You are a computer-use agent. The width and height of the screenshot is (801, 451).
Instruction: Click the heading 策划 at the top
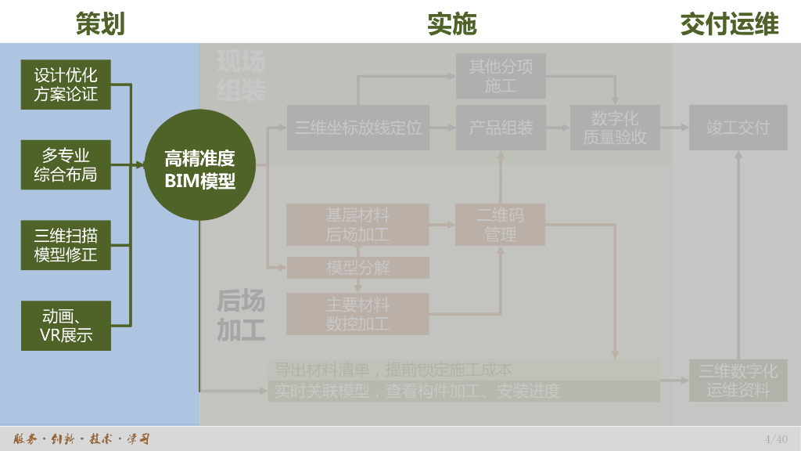(100, 23)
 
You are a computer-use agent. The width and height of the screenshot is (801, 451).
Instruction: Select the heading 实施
(451, 23)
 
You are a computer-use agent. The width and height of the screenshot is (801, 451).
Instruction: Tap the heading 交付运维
(729, 23)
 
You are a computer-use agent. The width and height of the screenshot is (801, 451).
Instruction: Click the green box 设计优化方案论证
(66, 85)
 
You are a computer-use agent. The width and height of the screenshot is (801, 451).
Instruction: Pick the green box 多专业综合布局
(66, 164)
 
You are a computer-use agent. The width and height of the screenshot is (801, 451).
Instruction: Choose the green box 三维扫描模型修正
(66, 245)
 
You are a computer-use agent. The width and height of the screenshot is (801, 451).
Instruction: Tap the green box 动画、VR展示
(66, 326)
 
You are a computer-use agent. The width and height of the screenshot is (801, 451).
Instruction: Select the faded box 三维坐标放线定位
(358, 128)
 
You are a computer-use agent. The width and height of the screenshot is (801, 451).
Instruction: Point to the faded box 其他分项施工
(501, 76)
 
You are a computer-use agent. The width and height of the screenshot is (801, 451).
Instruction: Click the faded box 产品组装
(501, 128)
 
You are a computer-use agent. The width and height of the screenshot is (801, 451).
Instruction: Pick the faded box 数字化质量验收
(615, 128)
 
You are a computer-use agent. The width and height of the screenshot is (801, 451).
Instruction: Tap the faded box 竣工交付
(738, 128)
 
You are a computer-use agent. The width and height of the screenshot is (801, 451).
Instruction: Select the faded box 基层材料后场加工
(357, 225)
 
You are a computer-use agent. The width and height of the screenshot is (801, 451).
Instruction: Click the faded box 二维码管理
(501, 225)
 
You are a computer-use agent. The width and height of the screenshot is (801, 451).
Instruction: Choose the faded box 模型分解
(357, 268)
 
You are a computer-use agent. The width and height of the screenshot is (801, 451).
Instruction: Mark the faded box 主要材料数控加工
(357, 314)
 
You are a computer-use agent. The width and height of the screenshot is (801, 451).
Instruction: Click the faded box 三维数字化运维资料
(738, 381)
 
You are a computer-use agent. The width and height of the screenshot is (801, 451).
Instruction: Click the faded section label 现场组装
(241, 76)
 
